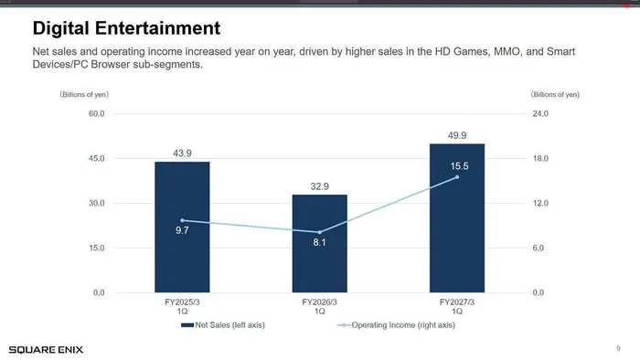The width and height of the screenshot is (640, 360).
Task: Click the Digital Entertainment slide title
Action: [126, 28]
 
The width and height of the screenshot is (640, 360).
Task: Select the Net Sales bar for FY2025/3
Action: [182, 228]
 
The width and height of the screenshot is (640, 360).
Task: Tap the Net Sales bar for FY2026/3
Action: [320, 243]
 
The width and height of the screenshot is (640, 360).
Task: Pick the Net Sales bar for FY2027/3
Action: [457, 218]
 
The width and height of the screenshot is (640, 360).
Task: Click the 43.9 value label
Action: [182, 154]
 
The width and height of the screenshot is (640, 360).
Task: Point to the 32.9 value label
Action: [320, 186]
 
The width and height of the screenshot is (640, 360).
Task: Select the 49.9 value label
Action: [457, 135]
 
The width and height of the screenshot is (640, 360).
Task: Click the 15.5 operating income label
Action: [459, 166]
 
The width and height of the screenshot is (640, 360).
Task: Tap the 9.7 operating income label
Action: [182, 230]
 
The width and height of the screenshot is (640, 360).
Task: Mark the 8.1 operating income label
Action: [320, 242]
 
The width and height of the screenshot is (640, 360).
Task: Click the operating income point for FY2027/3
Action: [457, 177]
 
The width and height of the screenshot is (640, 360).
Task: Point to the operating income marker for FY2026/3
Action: [320, 232]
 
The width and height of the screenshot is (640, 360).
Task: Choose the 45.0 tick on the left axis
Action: [97, 158]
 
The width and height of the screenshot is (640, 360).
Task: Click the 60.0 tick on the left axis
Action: [97, 113]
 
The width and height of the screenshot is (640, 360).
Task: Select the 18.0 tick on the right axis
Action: [540, 158]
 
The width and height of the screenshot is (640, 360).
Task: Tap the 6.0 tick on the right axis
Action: [539, 248]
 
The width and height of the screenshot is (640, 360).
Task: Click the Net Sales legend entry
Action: [223, 325]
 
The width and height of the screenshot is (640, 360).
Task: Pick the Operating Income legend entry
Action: [396, 325]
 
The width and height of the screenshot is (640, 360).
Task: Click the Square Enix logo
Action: [46, 350]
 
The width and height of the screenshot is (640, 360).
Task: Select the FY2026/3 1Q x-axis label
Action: [320, 307]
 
